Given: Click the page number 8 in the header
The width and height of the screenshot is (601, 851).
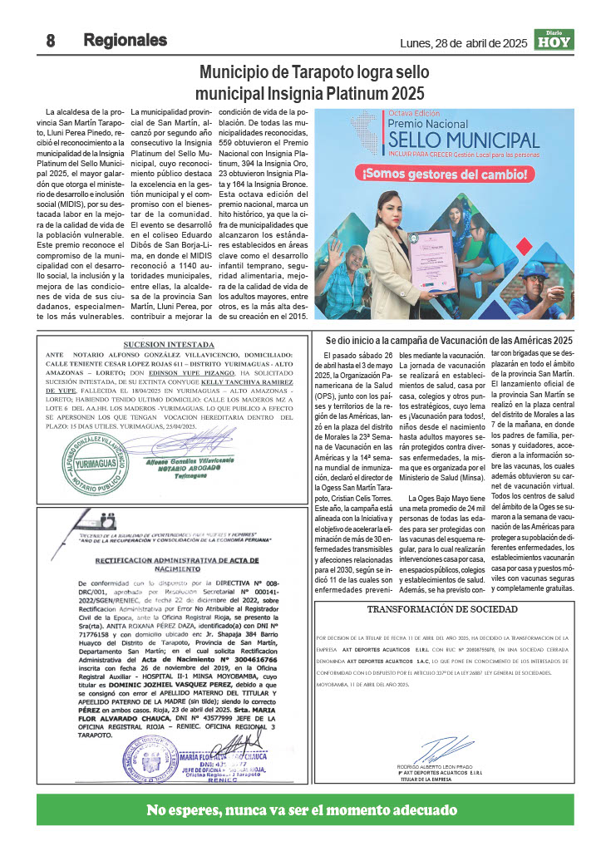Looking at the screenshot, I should tap(51, 41).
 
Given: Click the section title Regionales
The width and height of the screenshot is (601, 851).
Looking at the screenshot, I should tap(125, 40).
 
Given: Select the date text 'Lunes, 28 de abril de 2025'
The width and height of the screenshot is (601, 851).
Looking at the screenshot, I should tap(464, 42).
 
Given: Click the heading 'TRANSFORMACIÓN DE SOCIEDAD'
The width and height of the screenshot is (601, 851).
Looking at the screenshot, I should tap(442, 608).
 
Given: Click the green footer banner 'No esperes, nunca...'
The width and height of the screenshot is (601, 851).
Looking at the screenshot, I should tap(304, 809).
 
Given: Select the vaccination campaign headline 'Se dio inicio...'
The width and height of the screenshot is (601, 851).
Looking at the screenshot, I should tap(449, 341).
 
